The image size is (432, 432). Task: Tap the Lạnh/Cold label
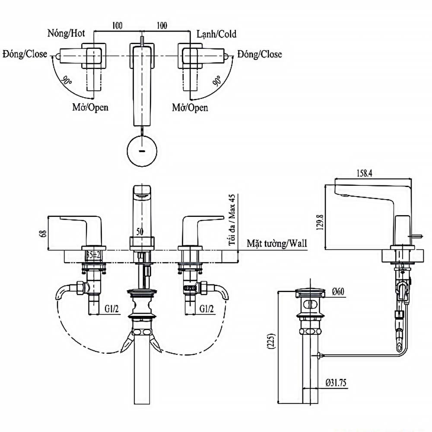pyautogui.click(x=216, y=34)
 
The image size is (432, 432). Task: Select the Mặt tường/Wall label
pyautogui.click(x=276, y=244)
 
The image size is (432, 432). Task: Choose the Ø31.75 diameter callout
pyautogui.click(x=336, y=382)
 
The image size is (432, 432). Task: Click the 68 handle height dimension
pyautogui.click(x=42, y=233)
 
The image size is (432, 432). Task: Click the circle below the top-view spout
pyautogui.click(x=142, y=151)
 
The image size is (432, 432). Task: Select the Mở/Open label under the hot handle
pyautogui.click(x=90, y=107)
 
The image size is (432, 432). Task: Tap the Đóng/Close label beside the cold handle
pyautogui.click(x=259, y=54)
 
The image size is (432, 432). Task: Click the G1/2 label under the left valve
pyautogui.click(x=111, y=308)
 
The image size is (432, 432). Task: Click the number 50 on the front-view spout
pyautogui.click(x=140, y=231)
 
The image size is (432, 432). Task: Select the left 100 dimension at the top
pyautogui.click(x=117, y=25)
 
